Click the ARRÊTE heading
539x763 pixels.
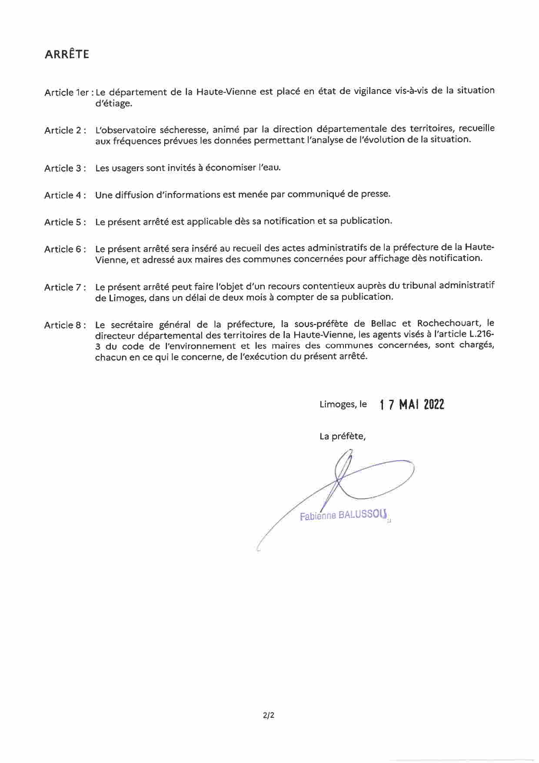[x=67, y=54]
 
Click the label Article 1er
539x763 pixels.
[x=67, y=93]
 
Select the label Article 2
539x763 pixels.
[x=64, y=131]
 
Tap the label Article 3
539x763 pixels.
[x=64, y=168]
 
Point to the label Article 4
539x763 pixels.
[x=64, y=195]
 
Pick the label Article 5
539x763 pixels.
[x=64, y=222]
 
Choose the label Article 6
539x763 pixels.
[x=64, y=249]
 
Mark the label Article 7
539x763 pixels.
[x=64, y=288]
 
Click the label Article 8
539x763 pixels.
[x=64, y=325]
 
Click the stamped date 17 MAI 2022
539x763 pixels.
[x=412, y=405]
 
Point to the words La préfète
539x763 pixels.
[x=343, y=436]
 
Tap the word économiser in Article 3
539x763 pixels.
[x=231, y=167]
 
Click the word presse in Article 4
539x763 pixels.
[x=375, y=194]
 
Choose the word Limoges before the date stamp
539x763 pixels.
[x=337, y=405]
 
